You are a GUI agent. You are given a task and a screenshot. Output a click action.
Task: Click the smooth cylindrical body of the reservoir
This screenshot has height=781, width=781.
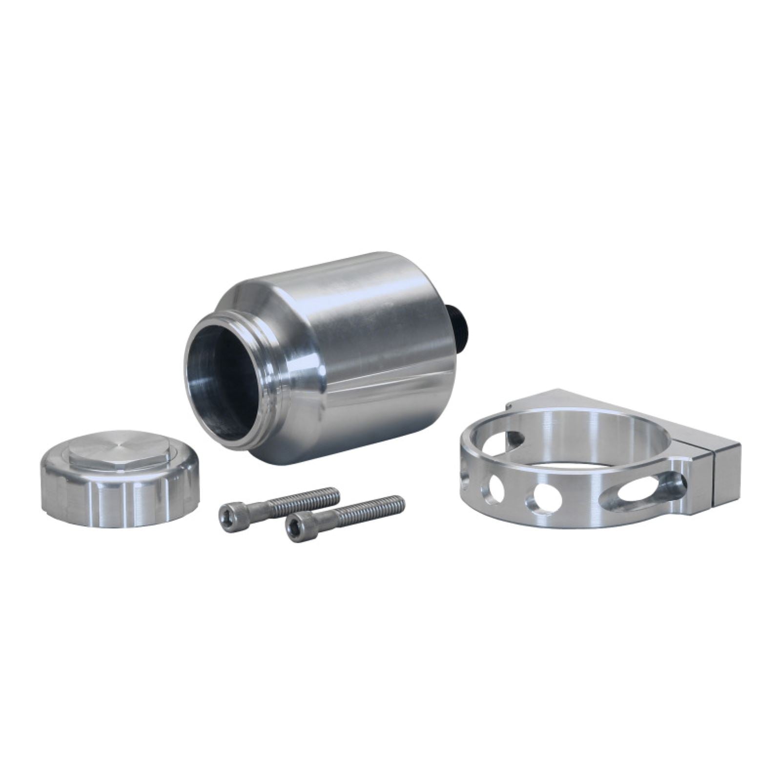(x=381, y=351)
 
